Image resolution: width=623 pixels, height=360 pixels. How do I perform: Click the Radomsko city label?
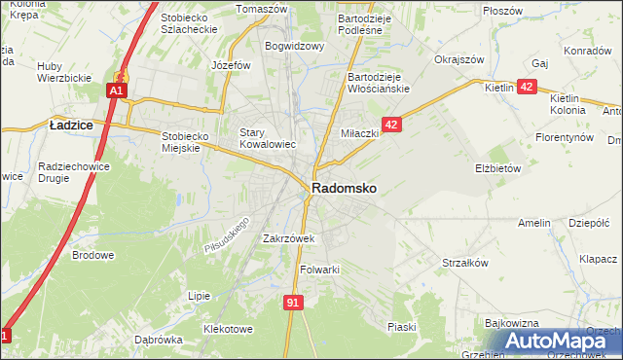pos(345,188)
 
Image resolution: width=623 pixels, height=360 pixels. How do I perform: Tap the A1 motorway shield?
pos(116,90)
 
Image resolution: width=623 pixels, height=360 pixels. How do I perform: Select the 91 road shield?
pos(293,303)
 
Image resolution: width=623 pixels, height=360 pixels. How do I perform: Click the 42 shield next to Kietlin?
pos(526,87)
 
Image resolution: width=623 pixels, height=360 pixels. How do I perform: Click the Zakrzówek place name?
pos(289,237)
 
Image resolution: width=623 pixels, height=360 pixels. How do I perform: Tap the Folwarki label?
pos(319,270)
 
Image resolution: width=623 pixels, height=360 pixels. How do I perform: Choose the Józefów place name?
pos(232,65)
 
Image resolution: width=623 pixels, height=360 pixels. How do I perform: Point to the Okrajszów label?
pos(459,59)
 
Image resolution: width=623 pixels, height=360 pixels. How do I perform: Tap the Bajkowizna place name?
pos(511,321)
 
